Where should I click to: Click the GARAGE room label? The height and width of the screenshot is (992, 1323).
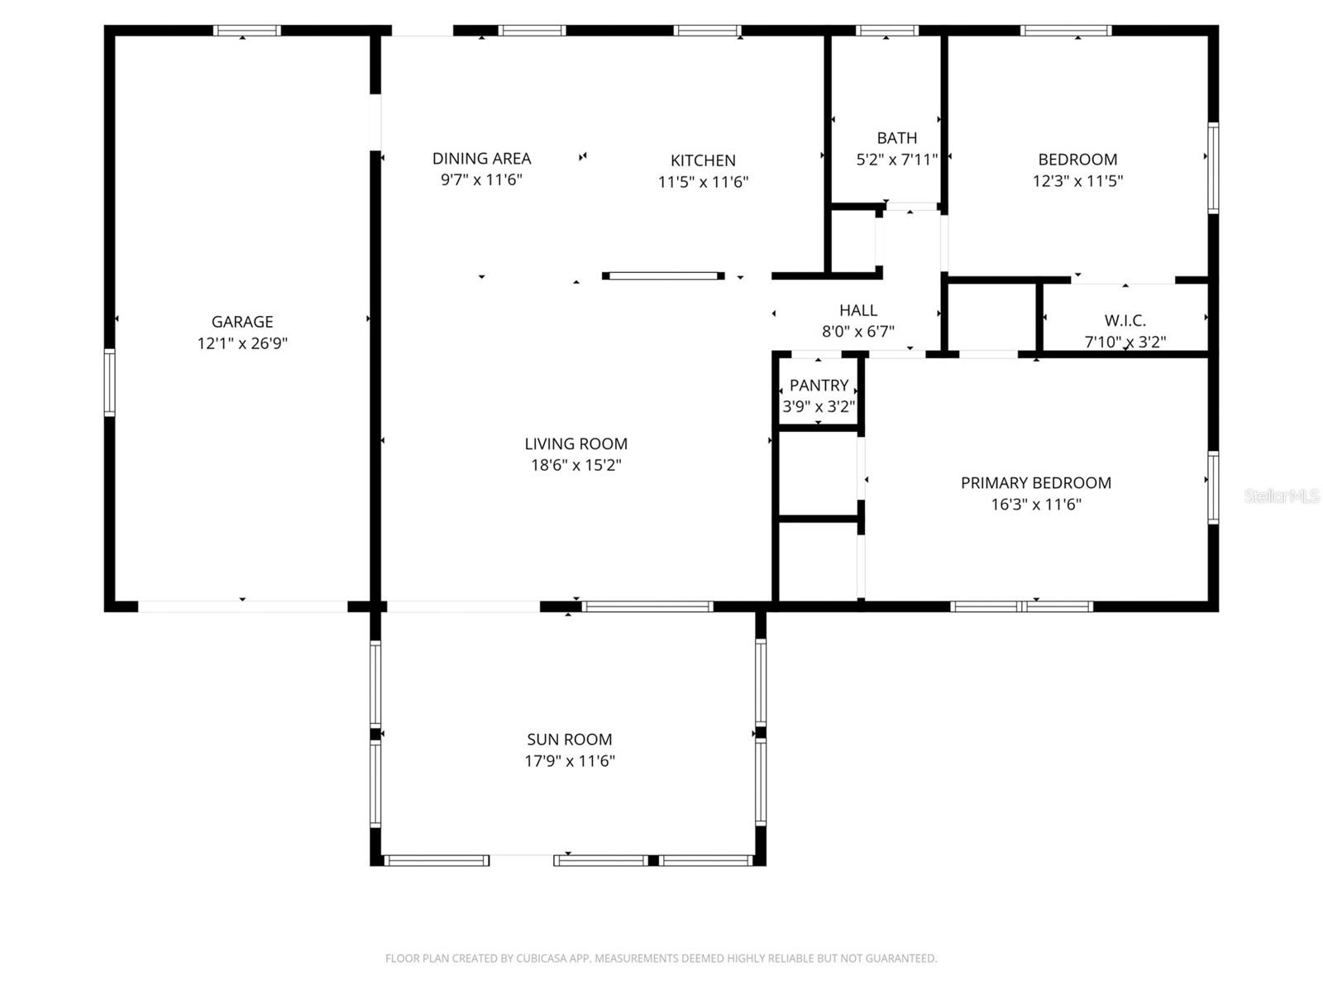click(x=241, y=322)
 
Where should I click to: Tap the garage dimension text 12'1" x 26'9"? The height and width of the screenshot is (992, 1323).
click(x=241, y=343)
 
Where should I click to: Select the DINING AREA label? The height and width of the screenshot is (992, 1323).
click(x=481, y=158)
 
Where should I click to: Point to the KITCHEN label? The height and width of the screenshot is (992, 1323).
click(x=702, y=161)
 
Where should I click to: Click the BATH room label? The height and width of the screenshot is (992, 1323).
click(x=896, y=138)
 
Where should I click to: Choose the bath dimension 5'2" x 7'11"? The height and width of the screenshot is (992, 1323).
click(x=896, y=160)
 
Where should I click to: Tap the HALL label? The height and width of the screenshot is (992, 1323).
click(x=857, y=310)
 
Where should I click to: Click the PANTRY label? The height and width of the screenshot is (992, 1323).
click(x=819, y=386)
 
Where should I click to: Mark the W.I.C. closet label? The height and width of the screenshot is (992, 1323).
click(x=1125, y=321)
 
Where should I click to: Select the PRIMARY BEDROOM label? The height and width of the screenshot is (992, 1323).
click(x=1035, y=483)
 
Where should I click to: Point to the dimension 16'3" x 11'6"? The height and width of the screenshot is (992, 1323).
click(x=1035, y=505)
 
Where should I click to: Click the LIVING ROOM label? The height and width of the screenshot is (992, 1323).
click(x=576, y=444)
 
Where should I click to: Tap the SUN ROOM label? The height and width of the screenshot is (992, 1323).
click(x=569, y=740)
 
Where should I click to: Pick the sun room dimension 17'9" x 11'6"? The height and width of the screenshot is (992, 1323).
click(x=569, y=761)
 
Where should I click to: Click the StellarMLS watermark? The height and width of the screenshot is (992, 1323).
click(x=1282, y=496)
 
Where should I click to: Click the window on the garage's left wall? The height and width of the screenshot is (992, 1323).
click(x=109, y=382)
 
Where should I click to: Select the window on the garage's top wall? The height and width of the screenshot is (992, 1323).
click(x=246, y=31)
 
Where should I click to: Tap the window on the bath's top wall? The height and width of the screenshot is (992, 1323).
click(x=886, y=31)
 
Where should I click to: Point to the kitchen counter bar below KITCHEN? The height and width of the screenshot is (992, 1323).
click(x=663, y=276)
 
